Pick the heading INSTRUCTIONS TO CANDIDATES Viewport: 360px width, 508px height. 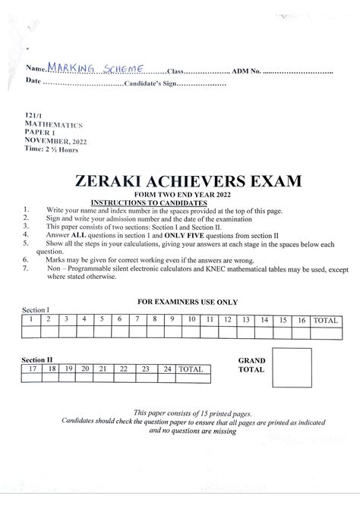click(148, 203)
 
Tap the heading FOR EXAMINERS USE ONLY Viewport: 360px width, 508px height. click(187, 301)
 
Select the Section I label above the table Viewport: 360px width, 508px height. click(36, 311)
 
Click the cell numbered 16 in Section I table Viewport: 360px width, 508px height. click(302, 320)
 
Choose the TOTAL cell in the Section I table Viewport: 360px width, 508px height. click(326, 320)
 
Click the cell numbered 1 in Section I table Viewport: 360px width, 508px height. click(30, 320)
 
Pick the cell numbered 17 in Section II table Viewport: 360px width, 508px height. click(32, 368)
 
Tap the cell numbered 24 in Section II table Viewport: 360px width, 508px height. click(166, 368)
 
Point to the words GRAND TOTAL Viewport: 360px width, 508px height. click(251, 365)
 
